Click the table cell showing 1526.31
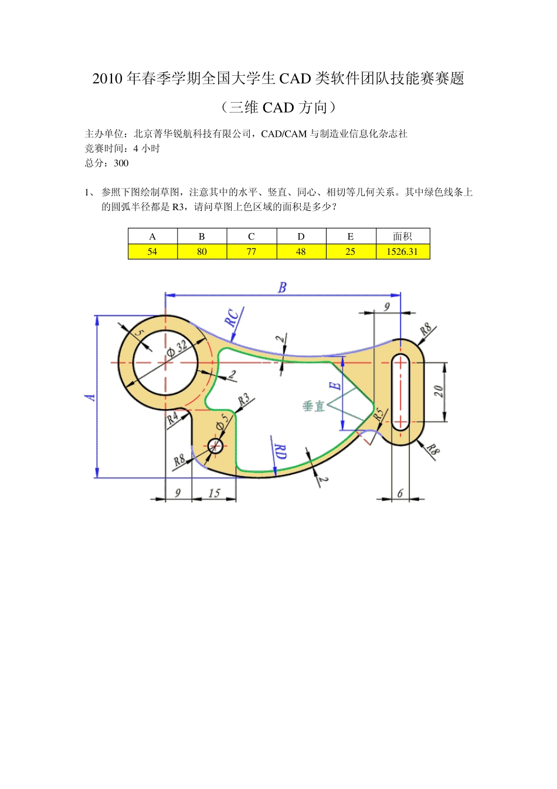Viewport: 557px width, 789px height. pyautogui.click(x=402, y=251)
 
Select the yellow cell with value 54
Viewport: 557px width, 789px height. pyautogui.click(x=152, y=251)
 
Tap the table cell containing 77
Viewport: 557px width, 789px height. pyautogui.click(x=251, y=251)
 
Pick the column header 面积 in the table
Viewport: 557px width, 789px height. pyautogui.click(x=402, y=236)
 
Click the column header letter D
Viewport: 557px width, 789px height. pyautogui.click(x=301, y=236)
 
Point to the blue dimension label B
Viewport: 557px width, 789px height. pyautogui.click(x=283, y=288)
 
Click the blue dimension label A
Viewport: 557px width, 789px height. pyautogui.click(x=90, y=397)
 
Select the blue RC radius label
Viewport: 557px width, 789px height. pyautogui.click(x=232, y=318)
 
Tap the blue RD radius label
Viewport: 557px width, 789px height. pyautogui.click(x=281, y=452)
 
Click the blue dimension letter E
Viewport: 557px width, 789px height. pyautogui.click(x=335, y=386)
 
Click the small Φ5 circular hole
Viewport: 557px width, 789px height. pyautogui.click(x=215, y=446)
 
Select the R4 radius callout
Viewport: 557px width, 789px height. pyautogui.click(x=172, y=418)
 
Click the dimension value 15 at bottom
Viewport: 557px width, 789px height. pyautogui.click(x=214, y=493)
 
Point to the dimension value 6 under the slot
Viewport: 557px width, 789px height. pyautogui.click(x=400, y=494)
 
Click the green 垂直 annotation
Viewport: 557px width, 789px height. pyautogui.click(x=314, y=406)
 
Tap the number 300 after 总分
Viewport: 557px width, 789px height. pyautogui.click(x=121, y=163)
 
